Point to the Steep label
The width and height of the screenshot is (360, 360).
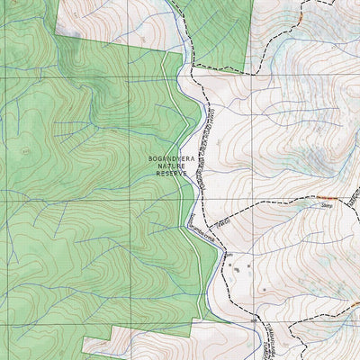327,206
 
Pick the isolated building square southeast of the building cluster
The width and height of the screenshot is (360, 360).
265,288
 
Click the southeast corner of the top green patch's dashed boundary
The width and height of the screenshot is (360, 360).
247,72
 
